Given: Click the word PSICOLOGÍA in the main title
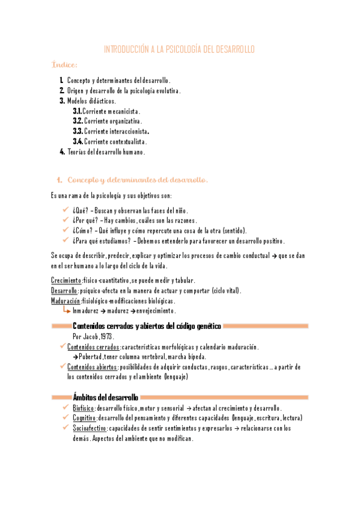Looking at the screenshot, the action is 183,49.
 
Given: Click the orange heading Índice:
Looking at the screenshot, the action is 64,64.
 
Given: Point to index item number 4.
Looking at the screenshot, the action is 62,152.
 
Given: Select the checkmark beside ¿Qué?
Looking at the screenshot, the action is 66,210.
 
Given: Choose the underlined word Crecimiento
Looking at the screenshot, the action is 66,281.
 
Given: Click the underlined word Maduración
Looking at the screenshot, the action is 66,301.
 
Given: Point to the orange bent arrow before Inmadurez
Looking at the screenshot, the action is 66,310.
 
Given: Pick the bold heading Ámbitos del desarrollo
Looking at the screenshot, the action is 105,397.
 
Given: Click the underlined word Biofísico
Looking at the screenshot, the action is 83,408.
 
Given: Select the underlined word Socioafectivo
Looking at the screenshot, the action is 90,428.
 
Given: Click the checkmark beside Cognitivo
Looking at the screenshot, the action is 66,418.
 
